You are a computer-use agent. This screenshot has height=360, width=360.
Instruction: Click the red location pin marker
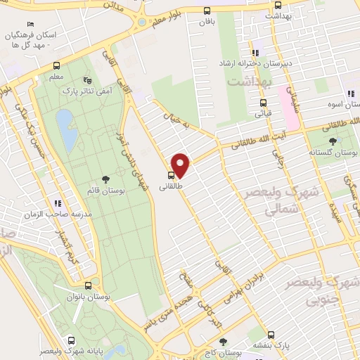(x=181, y=165)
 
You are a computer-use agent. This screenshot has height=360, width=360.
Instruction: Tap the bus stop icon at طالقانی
(x=172, y=175)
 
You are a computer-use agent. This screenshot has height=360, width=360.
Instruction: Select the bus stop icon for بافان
(x=206, y=11)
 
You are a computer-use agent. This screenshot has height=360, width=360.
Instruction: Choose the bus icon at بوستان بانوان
(x=88, y=286)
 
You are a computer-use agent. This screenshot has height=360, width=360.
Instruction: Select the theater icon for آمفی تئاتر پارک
(x=86, y=79)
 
